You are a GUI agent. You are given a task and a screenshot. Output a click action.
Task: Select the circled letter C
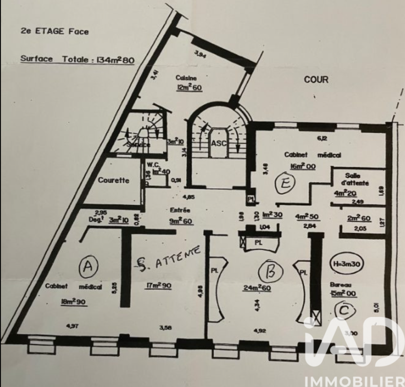345,310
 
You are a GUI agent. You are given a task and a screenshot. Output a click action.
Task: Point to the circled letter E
285,185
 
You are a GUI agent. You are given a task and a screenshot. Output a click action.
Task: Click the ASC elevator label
217,143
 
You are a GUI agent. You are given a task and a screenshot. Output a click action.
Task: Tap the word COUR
316,79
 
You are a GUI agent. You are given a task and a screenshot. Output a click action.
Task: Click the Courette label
113,180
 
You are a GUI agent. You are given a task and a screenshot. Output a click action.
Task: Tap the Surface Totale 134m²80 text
77,59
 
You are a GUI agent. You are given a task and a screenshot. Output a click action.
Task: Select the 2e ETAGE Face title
54,31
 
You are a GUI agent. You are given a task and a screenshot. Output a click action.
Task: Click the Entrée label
180,210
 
